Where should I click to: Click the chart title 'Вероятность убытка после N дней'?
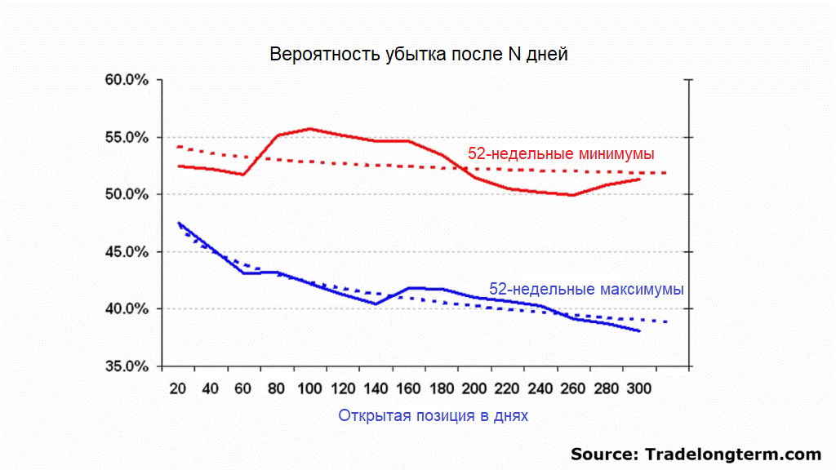pyautogui.click(x=418, y=55)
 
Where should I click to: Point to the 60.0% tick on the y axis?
pyautogui.click(x=127, y=80)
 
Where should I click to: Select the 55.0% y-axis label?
pyautogui.click(x=127, y=137)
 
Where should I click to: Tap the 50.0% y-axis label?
pyautogui.click(x=127, y=194)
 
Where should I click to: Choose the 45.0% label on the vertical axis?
pyautogui.click(x=127, y=251)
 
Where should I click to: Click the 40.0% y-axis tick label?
pyautogui.click(x=127, y=308)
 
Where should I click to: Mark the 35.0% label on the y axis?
pyautogui.click(x=127, y=366)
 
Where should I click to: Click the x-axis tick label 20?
pyautogui.click(x=176, y=389)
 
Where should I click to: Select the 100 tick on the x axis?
pyautogui.click(x=310, y=389)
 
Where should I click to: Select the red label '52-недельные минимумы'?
pyautogui.click(x=561, y=153)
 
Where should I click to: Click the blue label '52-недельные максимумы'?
pyautogui.click(x=586, y=289)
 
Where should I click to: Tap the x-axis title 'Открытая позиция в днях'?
pyautogui.click(x=433, y=415)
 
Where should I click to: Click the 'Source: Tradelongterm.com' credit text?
pyautogui.click(x=696, y=454)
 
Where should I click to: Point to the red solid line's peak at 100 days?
pyautogui.click(x=310, y=129)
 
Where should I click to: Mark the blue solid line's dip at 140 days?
pyautogui.click(x=376, y=304)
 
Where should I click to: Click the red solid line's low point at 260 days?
pyautogui.click(x=572, y=195)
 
